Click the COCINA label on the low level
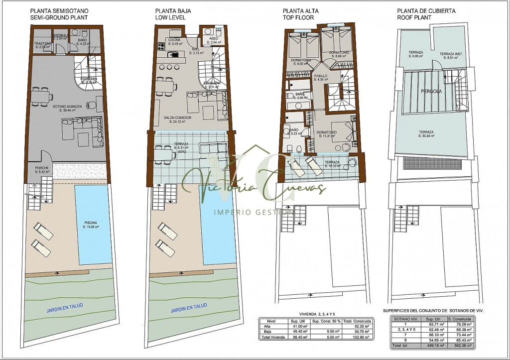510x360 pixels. pos(174,40)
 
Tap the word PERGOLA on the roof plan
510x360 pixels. pos(431,92)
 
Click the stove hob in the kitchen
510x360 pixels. pos(161,47)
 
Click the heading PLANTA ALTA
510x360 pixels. pos(300,10)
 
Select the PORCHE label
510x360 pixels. pos(42,170)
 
